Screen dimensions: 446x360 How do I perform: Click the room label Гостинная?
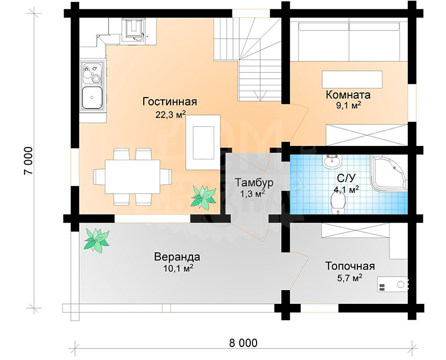[x=170, y=102]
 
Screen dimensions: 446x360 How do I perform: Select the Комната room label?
[x=348, y=94]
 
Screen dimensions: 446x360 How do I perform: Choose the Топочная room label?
[x=350, y=267]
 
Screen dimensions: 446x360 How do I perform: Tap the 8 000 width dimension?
[x=243, y=343]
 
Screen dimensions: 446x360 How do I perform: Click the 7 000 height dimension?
[x=28, y=161]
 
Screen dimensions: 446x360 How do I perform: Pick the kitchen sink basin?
[x=92, y=98]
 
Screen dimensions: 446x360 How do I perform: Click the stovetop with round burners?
[x=92, y=72]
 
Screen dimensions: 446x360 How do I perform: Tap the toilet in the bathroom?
[x=338, y=203]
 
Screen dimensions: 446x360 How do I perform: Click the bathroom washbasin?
[x=332, y=162]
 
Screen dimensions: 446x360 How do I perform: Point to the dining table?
[x=133, y=176]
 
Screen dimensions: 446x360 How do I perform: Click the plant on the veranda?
[x=97, y=240]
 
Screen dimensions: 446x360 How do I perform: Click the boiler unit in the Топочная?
[x=392, y=284]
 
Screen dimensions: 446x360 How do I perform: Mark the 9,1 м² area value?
[x=349, y=106]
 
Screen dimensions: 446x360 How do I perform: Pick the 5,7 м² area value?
[x=350, y=278]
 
